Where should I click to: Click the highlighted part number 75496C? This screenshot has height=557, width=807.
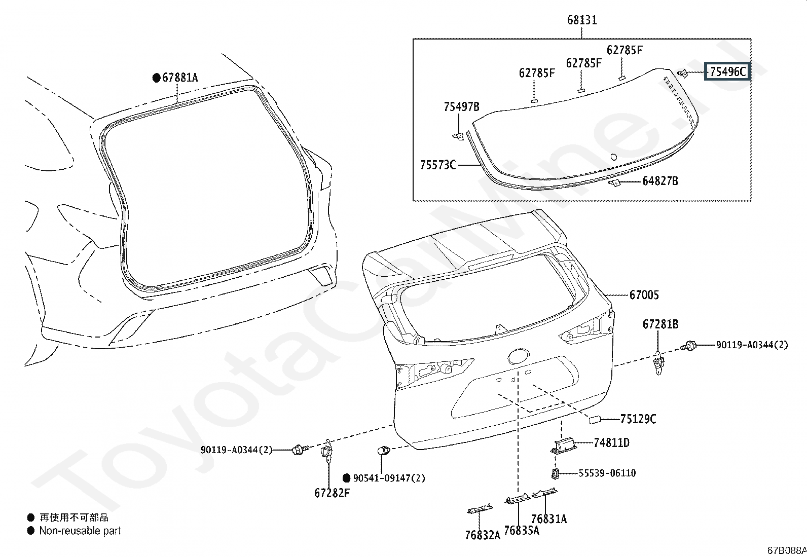728,71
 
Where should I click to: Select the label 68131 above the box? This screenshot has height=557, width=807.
582,20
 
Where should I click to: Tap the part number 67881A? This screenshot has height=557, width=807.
180,78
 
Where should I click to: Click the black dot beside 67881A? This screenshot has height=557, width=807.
156,78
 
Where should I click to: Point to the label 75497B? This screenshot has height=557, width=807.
461,106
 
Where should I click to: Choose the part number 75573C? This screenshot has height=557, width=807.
438,165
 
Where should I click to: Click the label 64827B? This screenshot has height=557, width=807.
660,181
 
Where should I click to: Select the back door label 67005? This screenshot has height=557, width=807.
644,295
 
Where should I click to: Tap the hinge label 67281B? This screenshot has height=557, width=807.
661,324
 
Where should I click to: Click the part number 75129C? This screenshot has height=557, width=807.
638,419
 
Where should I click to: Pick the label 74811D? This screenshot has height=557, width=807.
612,442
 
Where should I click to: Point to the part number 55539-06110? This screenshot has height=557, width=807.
607,473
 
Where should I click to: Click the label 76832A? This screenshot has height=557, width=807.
483,535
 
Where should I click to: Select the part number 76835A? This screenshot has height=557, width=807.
521,530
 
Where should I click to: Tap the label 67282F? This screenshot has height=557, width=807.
332,493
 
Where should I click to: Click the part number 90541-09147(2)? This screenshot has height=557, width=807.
389,478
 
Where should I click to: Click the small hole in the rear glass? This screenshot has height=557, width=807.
613,157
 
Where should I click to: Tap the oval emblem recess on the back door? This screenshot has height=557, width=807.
519,356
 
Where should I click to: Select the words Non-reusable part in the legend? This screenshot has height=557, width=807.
80,531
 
